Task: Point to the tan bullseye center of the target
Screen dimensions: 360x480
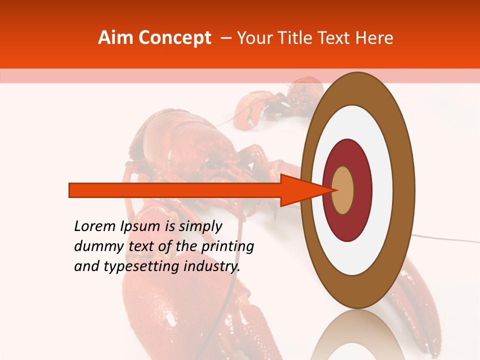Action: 343,190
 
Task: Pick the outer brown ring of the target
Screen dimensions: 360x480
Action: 405,190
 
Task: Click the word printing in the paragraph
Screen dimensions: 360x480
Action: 227,247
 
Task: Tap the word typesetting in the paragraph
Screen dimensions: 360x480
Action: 142,267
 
